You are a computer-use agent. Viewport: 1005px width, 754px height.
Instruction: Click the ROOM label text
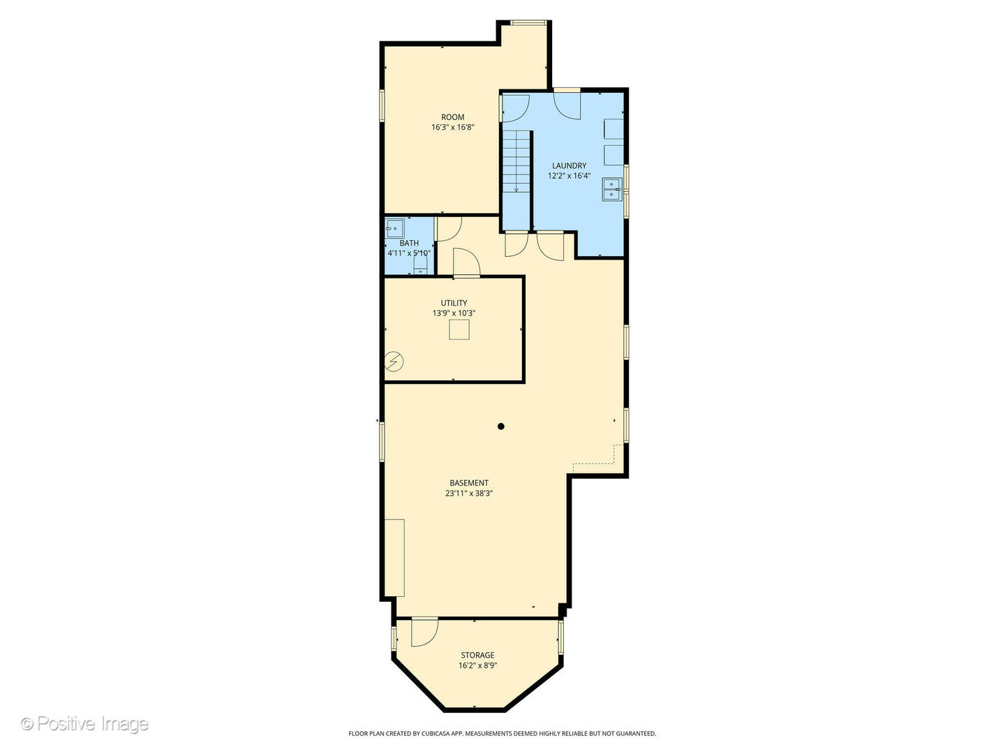pos(452,117)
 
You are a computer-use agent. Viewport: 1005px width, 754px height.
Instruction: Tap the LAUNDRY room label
pos(569,165)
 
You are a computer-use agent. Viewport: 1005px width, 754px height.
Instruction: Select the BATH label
pos(409,243)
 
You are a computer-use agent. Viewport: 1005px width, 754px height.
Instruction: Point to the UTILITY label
pos(454,303)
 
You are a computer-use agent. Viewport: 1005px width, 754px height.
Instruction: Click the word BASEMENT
pos(469,483)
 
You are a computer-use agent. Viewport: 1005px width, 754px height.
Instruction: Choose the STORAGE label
pos(477,655)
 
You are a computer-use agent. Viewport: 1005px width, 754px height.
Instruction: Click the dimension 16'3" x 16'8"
pos(452,127)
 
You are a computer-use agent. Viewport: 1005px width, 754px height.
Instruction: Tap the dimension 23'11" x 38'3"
pos(469,494)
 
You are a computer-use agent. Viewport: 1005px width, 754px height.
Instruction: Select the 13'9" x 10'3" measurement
pos(454,313)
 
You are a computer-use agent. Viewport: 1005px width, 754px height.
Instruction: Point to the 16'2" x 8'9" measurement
pos(477,665)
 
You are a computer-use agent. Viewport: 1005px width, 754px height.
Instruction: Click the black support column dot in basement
pos(501,426)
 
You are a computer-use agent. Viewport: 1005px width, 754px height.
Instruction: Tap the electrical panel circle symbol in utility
pos(394,362)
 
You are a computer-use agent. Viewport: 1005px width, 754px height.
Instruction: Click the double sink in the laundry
pos(612,189)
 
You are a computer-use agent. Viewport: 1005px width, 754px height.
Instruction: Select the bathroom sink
pos(394,228)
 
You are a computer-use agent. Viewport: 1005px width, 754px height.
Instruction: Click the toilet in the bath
pos(420,264)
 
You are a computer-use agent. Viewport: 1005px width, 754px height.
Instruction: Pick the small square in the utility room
pos(459,330)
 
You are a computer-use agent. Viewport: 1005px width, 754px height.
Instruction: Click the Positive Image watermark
pos(84,724)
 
